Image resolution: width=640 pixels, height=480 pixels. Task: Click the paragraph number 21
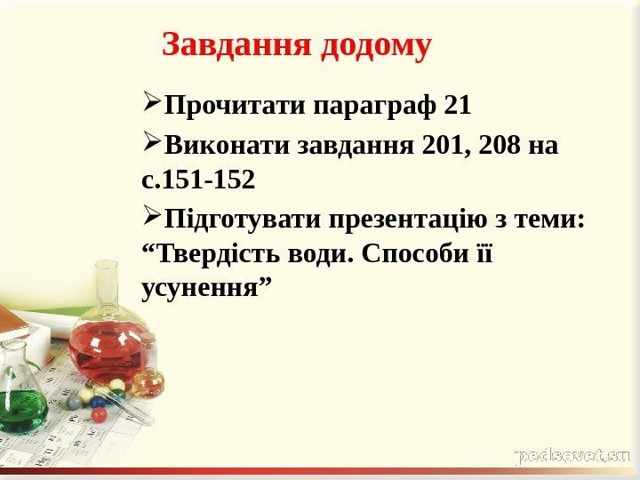click(x=456, y=108)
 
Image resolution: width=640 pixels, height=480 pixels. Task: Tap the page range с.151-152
click(x=198, y=181)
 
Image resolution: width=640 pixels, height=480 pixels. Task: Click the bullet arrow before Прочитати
click(x=151, y=106)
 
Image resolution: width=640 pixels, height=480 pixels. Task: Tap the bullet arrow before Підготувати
click(x=151, y=217)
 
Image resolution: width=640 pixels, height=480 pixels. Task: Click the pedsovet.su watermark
click(x=572, y=456)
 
